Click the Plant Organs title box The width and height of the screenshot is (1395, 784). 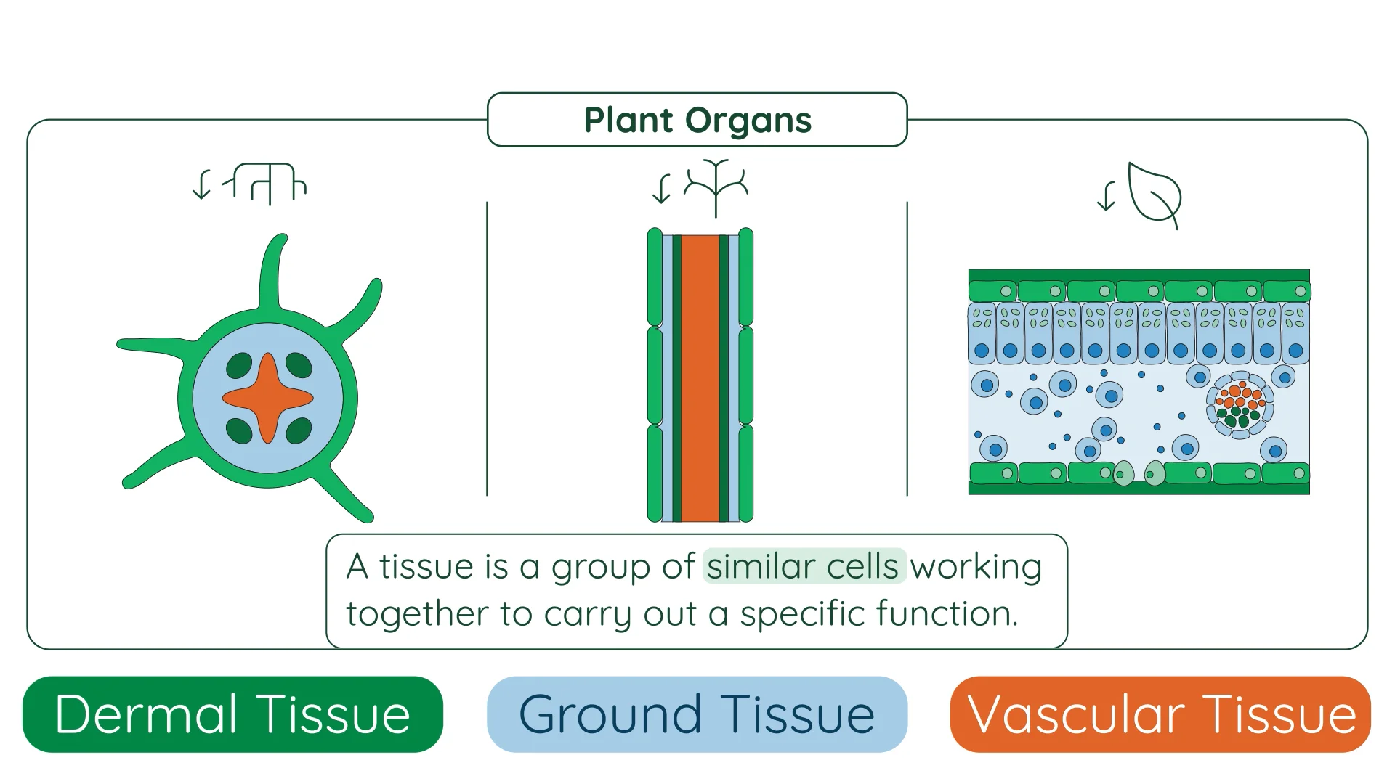pos(697,120)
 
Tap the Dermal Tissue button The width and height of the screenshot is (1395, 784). pos(232,714)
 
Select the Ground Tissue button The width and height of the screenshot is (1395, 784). pos(697,714)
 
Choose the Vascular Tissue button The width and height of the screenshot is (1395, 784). pos(1160,714)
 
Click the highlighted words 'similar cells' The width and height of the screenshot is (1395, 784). pos(804,566)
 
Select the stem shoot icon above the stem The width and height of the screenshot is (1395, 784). pos(716,187)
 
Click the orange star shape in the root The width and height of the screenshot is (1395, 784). pos(268,398)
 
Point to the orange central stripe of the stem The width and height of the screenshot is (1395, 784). pos(700,377)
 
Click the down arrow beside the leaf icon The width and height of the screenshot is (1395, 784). pos(1106,197)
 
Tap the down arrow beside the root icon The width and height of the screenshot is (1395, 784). pos(201,184)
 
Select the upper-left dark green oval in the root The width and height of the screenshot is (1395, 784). pos(239,366)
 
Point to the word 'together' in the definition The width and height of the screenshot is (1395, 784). pos(417,613)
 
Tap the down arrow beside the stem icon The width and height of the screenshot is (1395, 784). pos(661,189)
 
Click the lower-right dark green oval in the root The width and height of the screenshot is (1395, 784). pos(299,430)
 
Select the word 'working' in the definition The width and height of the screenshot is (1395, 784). pos(976,566)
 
